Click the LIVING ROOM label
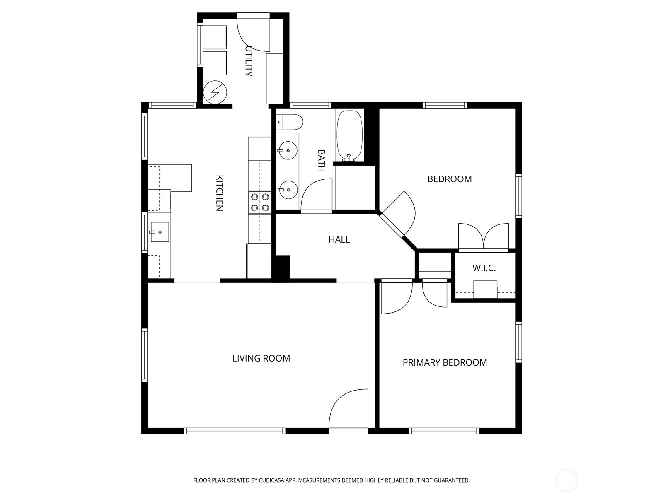[x=261, y=358]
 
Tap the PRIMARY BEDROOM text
[x=445, y=362]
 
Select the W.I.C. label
[x=484, y=268]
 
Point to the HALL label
[x=339, y=240]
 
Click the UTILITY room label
[x=249, y=61]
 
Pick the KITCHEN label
[x=219, y=193]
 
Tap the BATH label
[x=321, y=161]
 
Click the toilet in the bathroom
[x=289, y=122]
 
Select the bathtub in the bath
[x=349, y=136]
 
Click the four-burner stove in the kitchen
[x=260, y=203]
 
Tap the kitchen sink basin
[x=160, y=232]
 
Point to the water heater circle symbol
[x=215, y=92]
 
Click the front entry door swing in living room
[x=348, y=408]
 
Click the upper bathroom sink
[x=288, y=150]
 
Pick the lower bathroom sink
[x=288, y=190]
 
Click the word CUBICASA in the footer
[x=272, y=480]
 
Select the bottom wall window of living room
[x=235, y=431]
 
